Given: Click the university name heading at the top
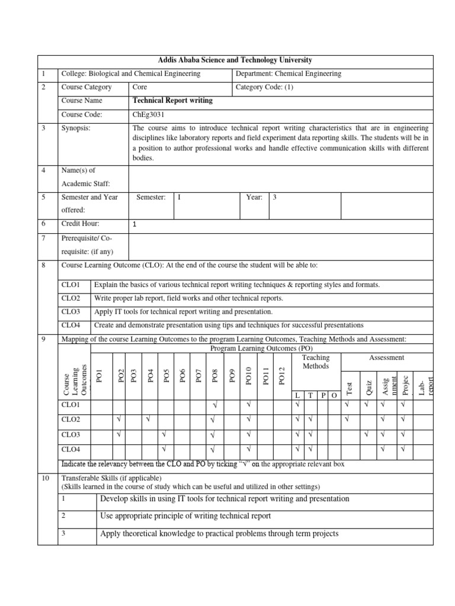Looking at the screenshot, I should [235, 60].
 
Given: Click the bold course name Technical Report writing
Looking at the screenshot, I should [173, 101].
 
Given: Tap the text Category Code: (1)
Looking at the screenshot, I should [264, 87].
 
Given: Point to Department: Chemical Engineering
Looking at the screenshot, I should [289, 73].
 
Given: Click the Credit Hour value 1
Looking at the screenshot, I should [135, 225].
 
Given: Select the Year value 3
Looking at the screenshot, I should [275, 197].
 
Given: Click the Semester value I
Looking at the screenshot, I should [180, 197].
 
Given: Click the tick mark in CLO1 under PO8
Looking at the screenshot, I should [215, 405].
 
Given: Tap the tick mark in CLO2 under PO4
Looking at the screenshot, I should [149, 420].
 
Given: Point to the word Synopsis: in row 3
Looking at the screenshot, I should [76, 128].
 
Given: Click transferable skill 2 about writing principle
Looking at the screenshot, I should [185, 515].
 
